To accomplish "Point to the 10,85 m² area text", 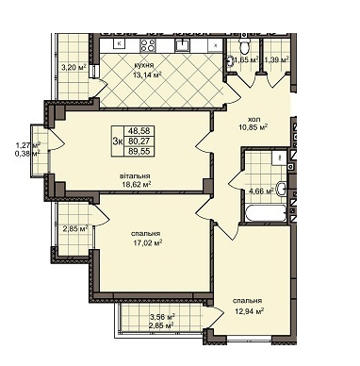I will tap(253, 126).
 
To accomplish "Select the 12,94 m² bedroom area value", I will tap(247, 311).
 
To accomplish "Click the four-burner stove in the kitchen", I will tap(149, 43).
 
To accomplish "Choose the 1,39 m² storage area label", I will tap(276, 60).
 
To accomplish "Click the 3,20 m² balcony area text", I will tap(74, 67).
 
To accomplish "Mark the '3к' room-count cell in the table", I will tap(117, 141).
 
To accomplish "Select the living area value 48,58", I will tap(139, 132).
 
